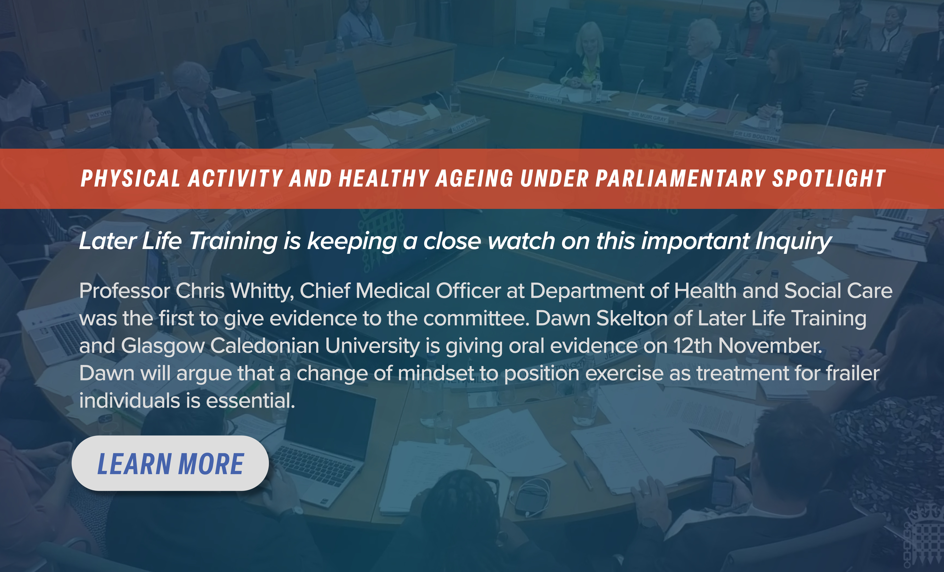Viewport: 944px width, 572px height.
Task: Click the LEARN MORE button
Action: pyautogui.click(x=170, y=463)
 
